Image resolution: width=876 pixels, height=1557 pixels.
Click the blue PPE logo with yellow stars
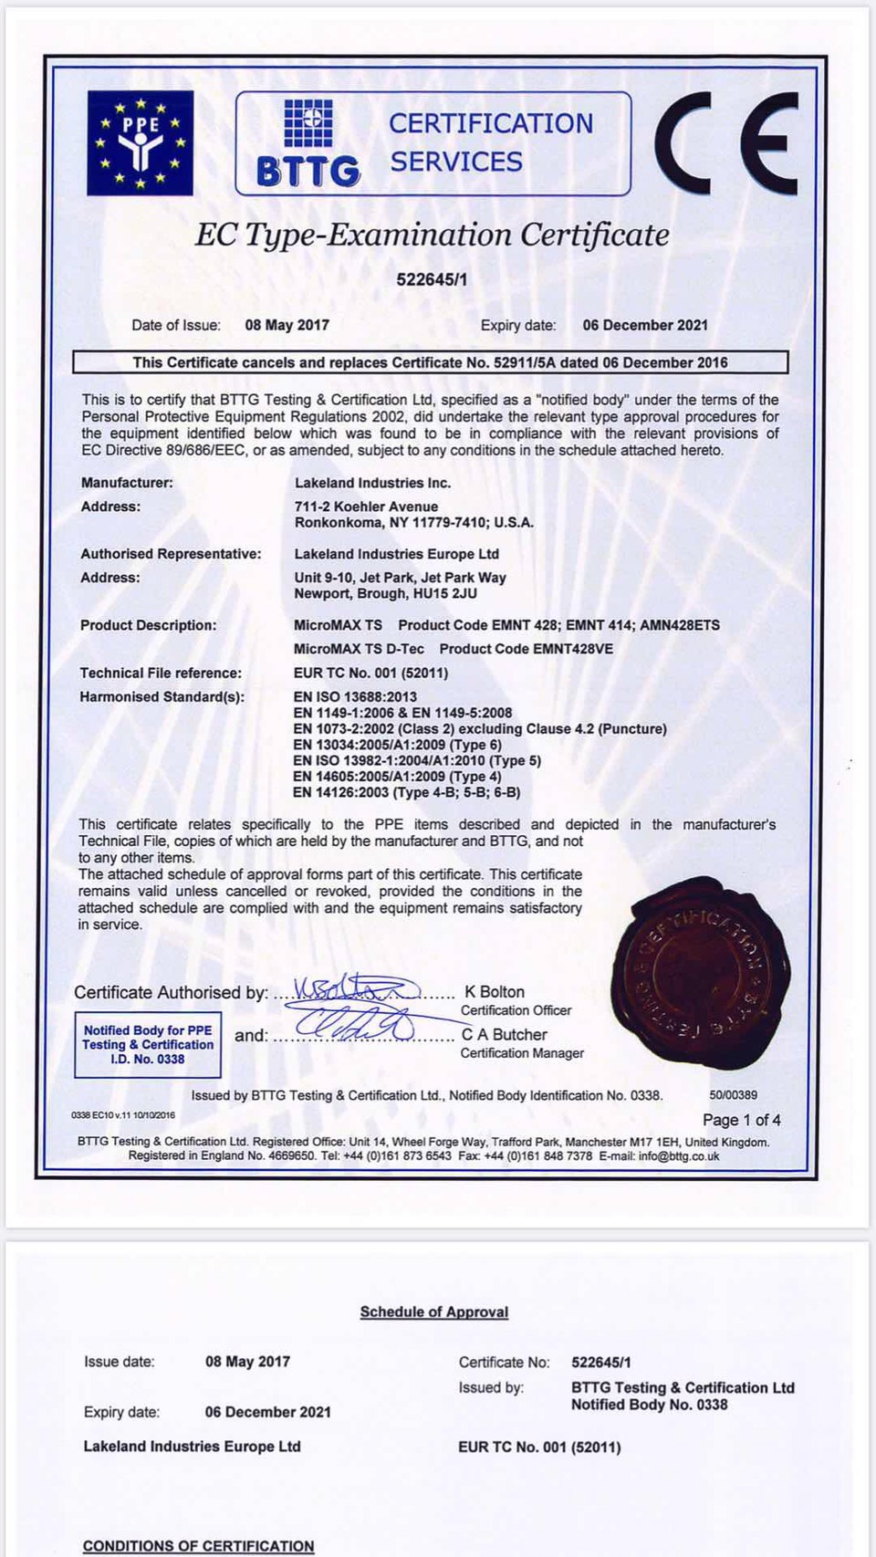(x=140, y=142)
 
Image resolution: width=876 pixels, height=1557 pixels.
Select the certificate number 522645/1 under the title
(x=432, y=279)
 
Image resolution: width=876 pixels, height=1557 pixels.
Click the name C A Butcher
(x=504, y=1034)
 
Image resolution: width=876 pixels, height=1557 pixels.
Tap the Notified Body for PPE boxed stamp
(x=148, y=1044)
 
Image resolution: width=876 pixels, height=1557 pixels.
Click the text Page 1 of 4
(x=741, y=1120)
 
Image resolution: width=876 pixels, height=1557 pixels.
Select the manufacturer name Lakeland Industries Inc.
(x=372, y=483)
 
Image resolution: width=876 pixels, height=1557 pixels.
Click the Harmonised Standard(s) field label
(x=162, y=696)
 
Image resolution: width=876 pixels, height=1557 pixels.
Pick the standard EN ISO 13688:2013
(x=355, y=696)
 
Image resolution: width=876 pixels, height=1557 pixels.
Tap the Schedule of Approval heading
(x=434, y=1311)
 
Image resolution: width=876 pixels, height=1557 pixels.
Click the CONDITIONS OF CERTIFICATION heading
(x=198, y=1546)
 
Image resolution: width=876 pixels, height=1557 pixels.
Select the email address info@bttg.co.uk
(x=679, y=1156)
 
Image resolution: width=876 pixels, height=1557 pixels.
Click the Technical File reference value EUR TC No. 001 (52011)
(x=370, y=673)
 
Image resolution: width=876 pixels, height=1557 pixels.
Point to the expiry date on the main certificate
(x=645, y=325)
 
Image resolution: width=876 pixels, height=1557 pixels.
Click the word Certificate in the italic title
(x=595, y=235)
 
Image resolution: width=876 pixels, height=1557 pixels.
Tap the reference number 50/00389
(x=733, y=1095)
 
